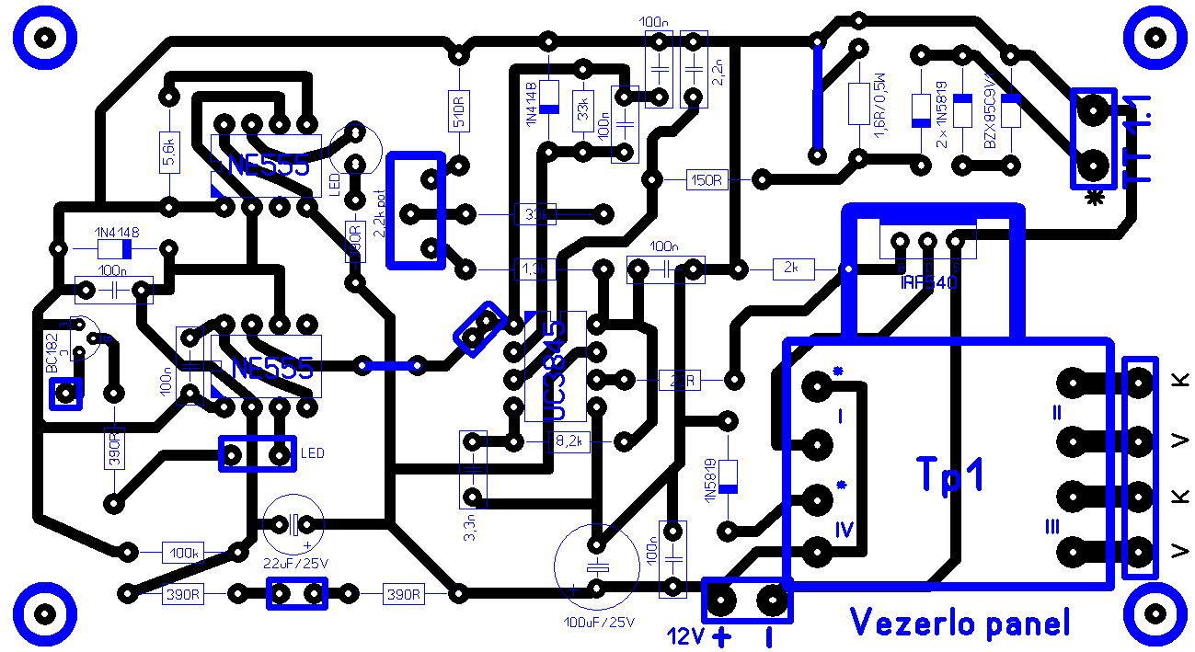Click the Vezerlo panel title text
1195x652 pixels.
959,623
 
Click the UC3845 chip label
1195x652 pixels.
555,372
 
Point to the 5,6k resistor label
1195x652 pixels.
169,151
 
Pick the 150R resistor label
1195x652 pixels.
707,180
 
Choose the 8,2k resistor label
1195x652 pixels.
569,442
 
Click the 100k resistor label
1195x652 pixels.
182,554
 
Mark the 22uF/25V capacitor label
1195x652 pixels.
294,562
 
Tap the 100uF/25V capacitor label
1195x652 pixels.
599,623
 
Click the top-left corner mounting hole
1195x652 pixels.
43,37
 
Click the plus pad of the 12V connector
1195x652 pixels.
722,601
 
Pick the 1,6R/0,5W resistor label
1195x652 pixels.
875,110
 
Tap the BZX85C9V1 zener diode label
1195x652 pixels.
989,113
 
